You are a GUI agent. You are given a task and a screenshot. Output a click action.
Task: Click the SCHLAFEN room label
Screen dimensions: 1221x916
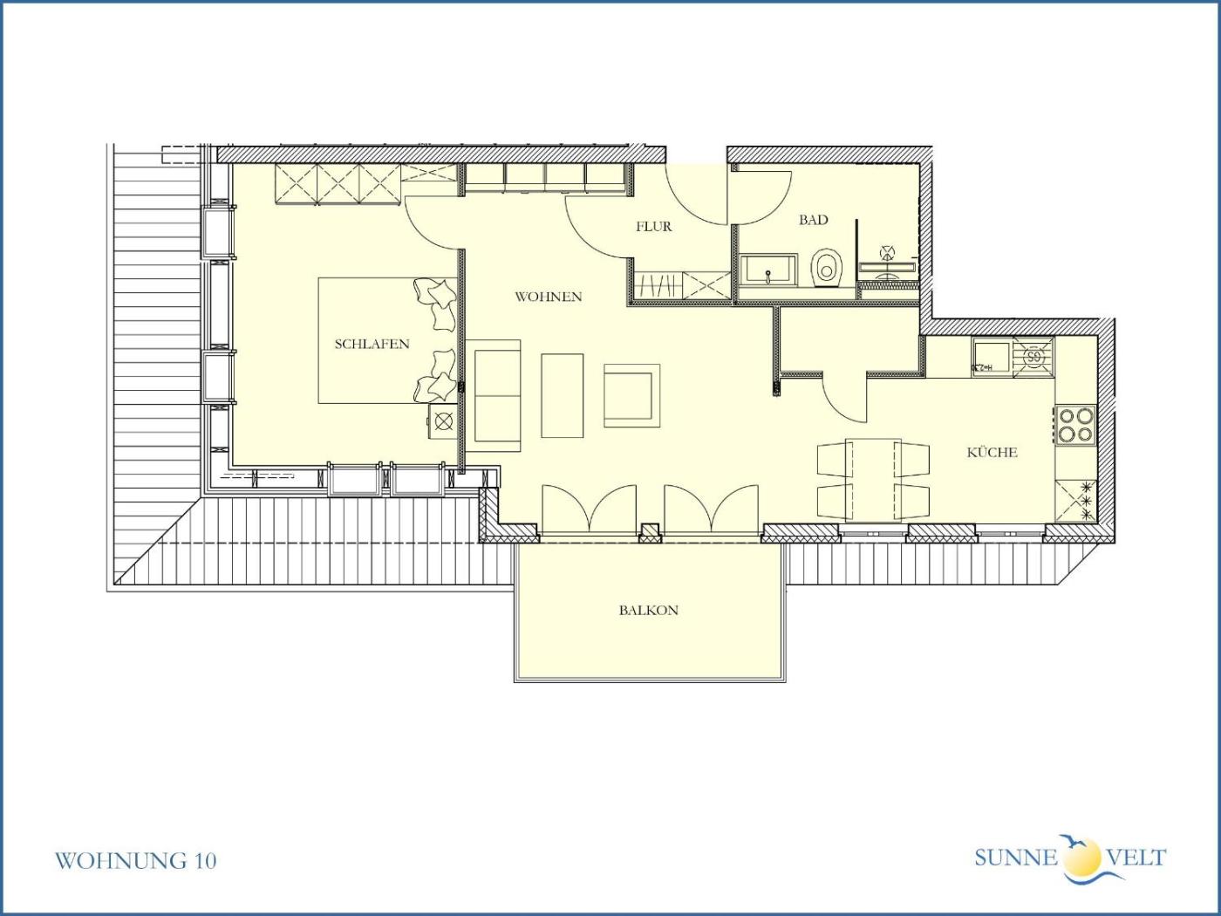(x=372, y=344)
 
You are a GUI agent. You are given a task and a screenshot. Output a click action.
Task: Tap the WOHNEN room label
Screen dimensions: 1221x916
(x=548, y=297)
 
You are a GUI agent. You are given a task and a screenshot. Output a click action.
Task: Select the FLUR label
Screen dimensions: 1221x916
(x=653, y=226)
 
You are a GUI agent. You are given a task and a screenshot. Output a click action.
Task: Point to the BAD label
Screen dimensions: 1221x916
(x=813, y=220)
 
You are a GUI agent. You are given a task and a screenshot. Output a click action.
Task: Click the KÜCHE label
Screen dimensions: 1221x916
(x=992, y=452)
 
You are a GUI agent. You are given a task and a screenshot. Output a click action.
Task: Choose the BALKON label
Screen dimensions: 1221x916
(x=649, y=610)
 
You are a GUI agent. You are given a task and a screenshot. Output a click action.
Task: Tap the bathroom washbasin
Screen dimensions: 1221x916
(x=768, y=270)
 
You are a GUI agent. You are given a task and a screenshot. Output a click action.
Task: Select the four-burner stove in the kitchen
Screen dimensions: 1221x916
(x=1076, y=425)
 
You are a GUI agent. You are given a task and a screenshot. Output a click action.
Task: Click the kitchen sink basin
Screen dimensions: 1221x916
(x=992, y=357)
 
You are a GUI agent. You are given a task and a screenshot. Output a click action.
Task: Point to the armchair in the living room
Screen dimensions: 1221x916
(x=632, y=395)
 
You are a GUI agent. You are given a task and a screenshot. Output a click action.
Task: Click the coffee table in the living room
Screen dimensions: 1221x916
(x=563, y=395)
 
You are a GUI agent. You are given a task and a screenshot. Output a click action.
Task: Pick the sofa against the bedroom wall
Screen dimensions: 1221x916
(x=493, y=395)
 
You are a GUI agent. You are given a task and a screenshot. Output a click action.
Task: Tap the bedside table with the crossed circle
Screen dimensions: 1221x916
(x=443, y=421)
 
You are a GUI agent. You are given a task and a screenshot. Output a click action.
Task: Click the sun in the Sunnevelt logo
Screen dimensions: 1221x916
(x=1082, y=857)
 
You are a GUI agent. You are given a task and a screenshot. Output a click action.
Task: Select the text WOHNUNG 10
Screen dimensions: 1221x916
(x=136, y=860)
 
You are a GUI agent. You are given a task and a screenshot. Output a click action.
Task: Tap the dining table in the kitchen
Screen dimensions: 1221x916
(x=873, y=480)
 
